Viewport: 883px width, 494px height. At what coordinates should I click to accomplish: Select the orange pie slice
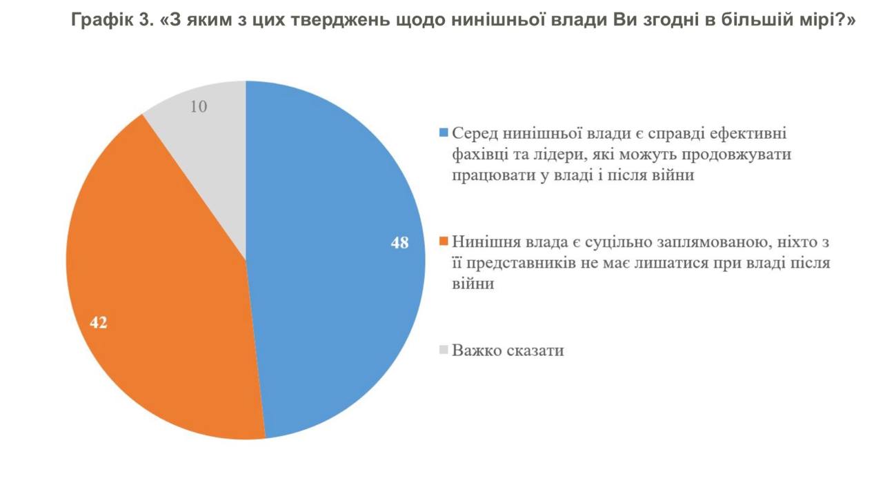tap(159, 290)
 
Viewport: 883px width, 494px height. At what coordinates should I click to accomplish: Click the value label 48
tap(400, 243)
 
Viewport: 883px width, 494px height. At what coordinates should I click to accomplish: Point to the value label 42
tap(98, 322)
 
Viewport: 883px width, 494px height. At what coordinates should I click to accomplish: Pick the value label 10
tap(199, 107)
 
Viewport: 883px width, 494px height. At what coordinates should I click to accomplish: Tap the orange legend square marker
tap(444, 241)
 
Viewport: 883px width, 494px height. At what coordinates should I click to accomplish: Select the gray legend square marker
tap(444, 349)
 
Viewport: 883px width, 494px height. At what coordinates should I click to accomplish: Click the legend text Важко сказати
tap(508, 350)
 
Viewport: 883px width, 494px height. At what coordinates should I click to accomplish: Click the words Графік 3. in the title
tap(112, 20)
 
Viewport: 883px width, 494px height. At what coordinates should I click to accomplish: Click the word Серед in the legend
tap(474, 132)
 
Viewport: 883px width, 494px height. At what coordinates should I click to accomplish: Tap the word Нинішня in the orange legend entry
tap(484, 241)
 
